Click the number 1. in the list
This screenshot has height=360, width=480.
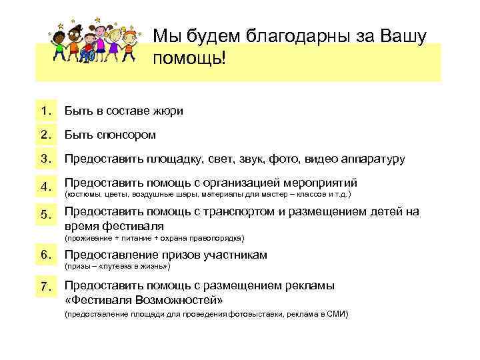tap(46, 111)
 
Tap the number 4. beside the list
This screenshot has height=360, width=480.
tap(46, 187)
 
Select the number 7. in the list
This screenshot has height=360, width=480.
tap(46, 287)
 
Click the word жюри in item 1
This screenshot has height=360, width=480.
tap(169, 111)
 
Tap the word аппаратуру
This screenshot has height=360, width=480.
tap(373, 160)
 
